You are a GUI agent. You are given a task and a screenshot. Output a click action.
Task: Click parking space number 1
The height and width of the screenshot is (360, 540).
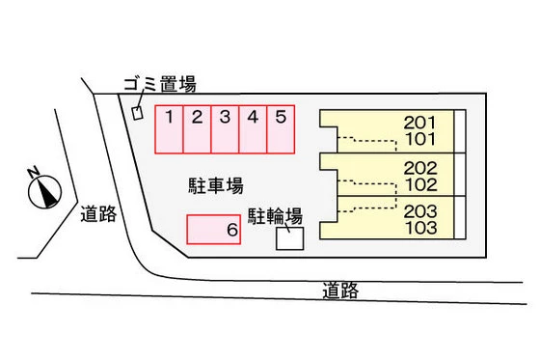pyautogui.click(x=170, y=129)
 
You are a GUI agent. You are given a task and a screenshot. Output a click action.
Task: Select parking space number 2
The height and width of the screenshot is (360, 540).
pyautogui.click(x=197, y=129)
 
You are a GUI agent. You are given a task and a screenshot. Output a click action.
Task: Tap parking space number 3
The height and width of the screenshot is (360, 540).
pyautogui.click(x=225, y=129)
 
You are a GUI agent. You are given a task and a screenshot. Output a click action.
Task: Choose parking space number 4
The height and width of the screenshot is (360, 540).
pyautogui.click(x=253, y=129)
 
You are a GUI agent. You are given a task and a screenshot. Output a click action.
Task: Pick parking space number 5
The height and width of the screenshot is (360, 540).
pyautogui.click(x=281, y=129)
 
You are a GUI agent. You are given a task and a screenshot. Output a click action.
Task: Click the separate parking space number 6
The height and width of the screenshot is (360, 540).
pyautogui.click(x=213, y=230)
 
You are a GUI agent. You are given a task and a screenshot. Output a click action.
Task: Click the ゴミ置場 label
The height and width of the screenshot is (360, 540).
pyautogui.click(x=159, y=84)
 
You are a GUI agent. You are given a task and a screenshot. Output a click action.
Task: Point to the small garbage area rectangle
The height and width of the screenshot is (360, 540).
pyautogui.click(x=137, y=112)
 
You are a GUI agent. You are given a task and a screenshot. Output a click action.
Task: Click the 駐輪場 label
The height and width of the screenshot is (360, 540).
pyautogui.click(x=277, y=214)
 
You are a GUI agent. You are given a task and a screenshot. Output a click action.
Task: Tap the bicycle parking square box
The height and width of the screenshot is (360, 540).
pyautogui.click(x=289, y=238)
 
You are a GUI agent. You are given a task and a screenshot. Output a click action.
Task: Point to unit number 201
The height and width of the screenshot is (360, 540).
pyautogui.click(x=419, y=123)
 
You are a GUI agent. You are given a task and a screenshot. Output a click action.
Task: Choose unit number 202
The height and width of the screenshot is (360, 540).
pyautogui.click(x=420, y=167)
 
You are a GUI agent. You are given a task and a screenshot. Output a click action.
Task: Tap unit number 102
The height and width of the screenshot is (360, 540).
pyautogui.click(x=420, y=182)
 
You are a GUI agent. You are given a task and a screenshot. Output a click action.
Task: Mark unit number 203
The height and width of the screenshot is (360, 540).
pyautogui.click(x=420, y=211)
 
